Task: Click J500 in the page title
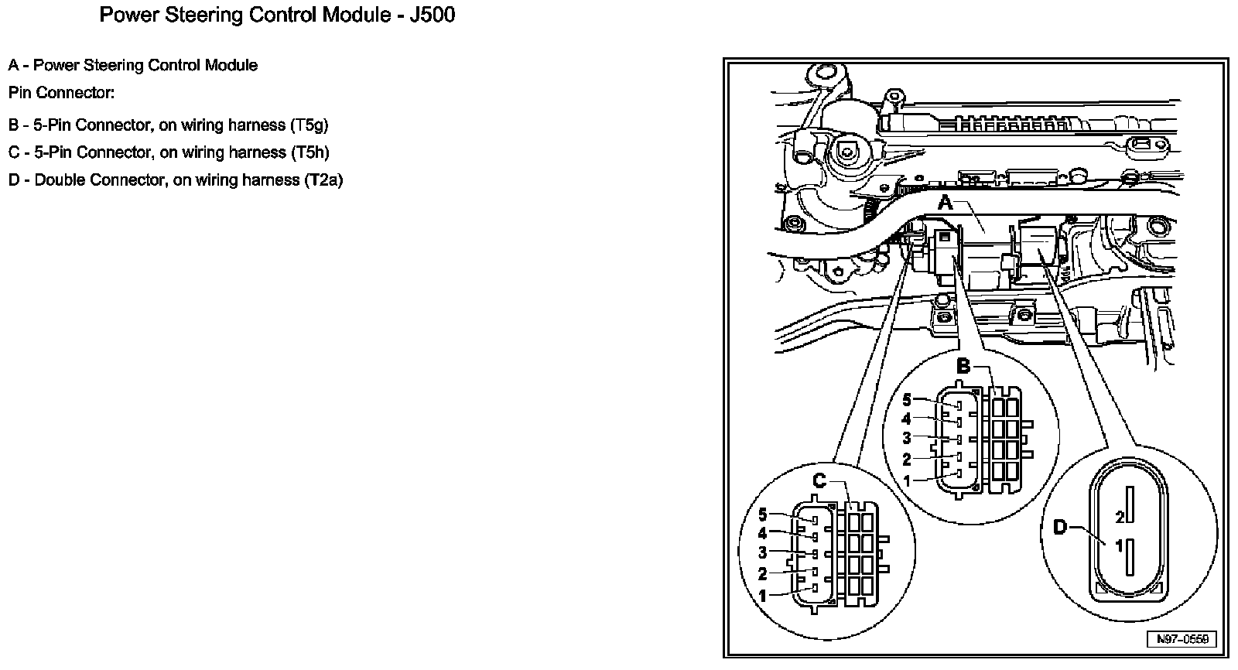point(427,15)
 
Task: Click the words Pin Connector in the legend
point(61,93)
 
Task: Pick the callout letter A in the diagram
point(946,203)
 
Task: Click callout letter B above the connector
point(963,366)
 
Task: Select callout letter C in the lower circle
point(819,481)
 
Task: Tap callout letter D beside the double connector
point(1060,528)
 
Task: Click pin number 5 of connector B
point(908,400)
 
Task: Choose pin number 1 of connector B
point(908,480)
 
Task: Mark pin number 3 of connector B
point(908,439)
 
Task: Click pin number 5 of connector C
point(763,514)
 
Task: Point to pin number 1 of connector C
point(763,597)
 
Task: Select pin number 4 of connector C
point(763,534)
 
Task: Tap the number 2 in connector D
point(1120,515)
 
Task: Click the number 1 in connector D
point(1119,546)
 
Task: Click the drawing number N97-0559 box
point(1182,639)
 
